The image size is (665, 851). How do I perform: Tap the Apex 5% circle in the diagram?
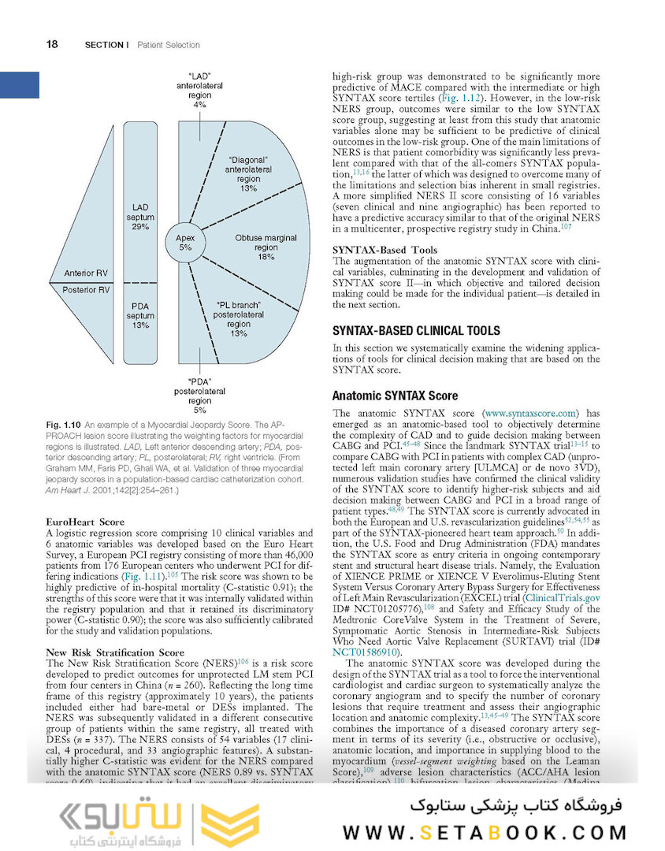(x=185, y=241)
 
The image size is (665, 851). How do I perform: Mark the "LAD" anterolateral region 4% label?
(x=199, y=89)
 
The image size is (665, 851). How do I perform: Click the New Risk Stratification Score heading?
(x=114, y=652)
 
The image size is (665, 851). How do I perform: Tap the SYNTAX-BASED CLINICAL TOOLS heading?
(x=416, y=330)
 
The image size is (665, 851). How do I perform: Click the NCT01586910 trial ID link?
(x=367, y=652)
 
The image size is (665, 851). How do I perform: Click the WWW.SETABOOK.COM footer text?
(x=485, y=831)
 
